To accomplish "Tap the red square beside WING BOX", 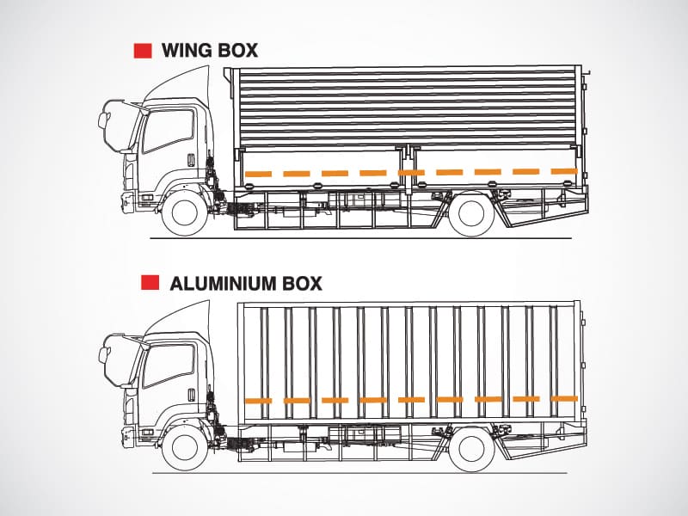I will tap(143, 50).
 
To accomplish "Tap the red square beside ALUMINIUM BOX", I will tap(150, 282).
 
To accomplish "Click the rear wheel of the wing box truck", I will tap(471, 214).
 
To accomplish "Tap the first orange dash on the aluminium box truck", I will tap(258, 401).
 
